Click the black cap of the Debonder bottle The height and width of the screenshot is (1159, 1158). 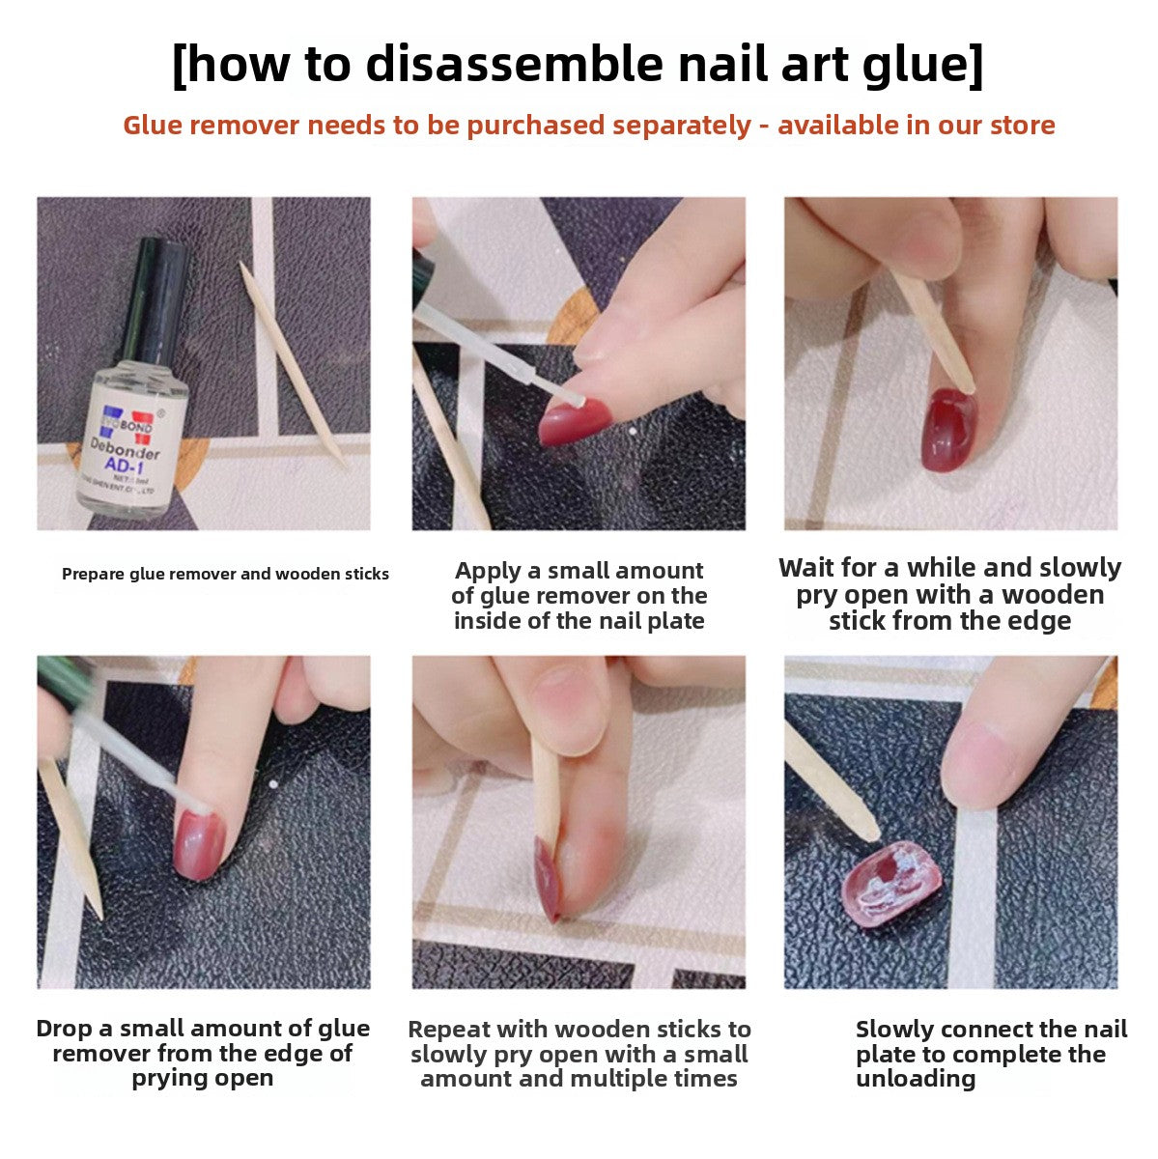157,294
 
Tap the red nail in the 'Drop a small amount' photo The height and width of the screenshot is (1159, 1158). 200,844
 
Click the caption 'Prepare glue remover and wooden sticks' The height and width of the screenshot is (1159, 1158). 225,574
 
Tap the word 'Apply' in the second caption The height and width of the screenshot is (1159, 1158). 492,571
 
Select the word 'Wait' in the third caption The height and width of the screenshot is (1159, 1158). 811,568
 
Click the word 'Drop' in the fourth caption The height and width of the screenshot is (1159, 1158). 66,1029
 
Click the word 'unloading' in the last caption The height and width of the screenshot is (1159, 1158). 915,1079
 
